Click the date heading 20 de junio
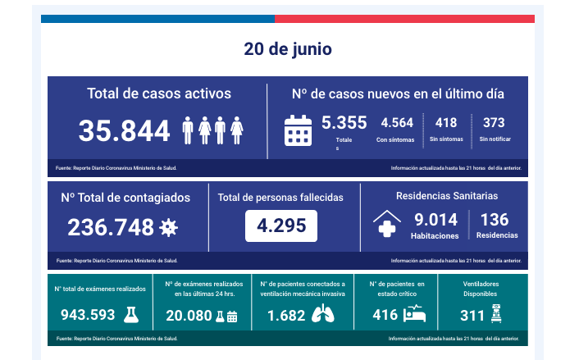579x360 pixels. [x=288, y=49]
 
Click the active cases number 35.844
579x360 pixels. [x=125, y=130]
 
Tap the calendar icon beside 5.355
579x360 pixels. [x=298, y=130]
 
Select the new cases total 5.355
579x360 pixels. [x=344, y=123]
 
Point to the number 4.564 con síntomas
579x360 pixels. [x=397, y=123]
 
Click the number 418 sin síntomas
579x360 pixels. [x=446, y=123]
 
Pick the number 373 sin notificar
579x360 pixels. [x=494, y=123]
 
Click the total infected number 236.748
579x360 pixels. [x=111, y=227]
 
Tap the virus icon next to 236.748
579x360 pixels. [x=169, y=227]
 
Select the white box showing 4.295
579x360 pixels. [x=281, y=226]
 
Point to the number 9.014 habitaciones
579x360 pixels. [x=435, y=220]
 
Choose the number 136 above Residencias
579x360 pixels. [x=495, y=220]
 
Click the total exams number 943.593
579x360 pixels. [x=88, y=315]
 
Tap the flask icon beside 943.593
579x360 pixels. [x=130, y=315]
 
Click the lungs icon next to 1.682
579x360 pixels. [x=324, y=315]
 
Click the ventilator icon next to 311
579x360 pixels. [x=495, y=314]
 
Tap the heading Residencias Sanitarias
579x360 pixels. [x=447, y=196]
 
